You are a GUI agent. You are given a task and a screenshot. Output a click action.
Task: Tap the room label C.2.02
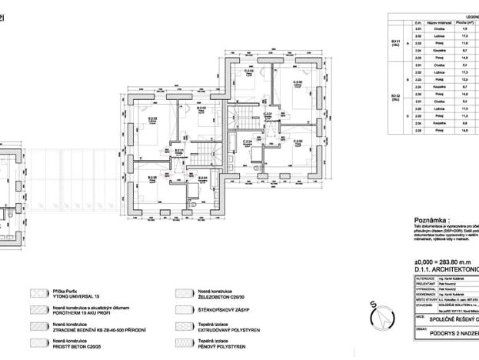pyautogui.click(x=297, y=82)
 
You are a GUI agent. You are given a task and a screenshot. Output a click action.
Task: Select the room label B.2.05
pyautogui.click(x=152, y=178)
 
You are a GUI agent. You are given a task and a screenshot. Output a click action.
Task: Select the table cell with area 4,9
pyautogui.click(x=466, y=29)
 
